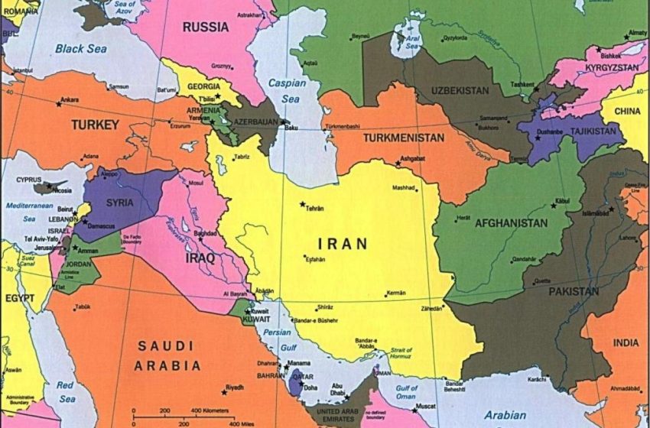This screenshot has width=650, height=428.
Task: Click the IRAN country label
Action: tap(343, 245)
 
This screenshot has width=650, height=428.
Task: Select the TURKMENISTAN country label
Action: tap(403, 138)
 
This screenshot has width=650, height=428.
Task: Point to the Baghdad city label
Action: tap(206, 233)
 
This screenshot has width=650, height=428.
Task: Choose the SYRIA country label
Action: tap(120, 203)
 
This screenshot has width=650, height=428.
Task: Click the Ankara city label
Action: tap(70, 100)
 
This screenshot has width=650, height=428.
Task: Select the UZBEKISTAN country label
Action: tap(460, 91)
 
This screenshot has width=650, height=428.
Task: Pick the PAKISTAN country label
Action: tap(573, 291)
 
